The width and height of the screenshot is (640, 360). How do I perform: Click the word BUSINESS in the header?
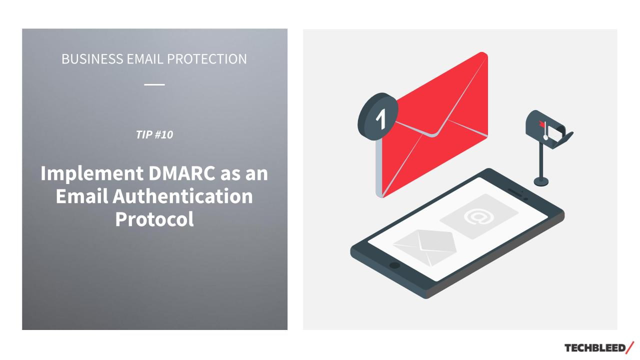tap(92, 59)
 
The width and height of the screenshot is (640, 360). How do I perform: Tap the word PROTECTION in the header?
tap(207, 59)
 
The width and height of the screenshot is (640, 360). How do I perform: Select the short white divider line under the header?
tap(154, 84)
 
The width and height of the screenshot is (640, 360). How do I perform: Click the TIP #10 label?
tap(154, 134)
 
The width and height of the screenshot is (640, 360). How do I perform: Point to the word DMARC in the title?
tap(181, 173)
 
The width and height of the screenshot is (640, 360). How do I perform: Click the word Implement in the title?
tap(92, 173)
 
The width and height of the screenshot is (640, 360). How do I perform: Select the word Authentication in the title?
tap(183, 196)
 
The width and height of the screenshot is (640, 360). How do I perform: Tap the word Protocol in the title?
tap(154, 219)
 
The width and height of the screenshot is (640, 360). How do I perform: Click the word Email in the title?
tap(82, 196)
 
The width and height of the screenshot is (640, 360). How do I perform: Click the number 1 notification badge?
tap(378, 116)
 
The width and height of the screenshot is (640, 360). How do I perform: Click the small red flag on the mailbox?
tap(541, 124)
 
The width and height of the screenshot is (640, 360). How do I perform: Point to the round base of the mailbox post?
tap(541, 181)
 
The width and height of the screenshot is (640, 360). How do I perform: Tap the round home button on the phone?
tap(394, 265)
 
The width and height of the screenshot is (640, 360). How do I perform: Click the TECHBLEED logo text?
tap(595, 348)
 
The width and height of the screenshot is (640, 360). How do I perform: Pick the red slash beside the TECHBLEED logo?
tap(630, 347)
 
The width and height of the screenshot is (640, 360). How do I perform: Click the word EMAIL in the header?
tap(145, 59)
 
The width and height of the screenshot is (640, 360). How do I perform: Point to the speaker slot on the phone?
tap(515, 192)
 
